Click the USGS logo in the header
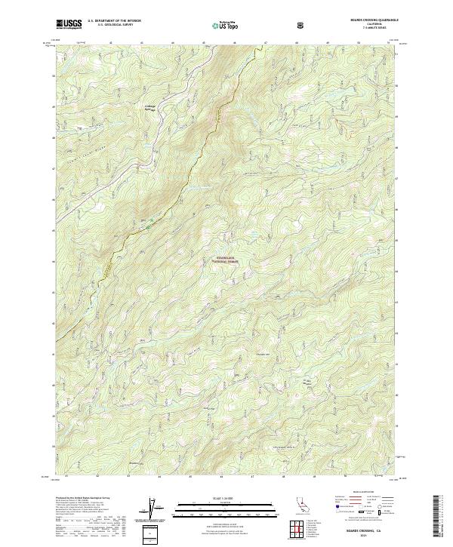[69, 25]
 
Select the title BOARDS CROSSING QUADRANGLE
[369, 20]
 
